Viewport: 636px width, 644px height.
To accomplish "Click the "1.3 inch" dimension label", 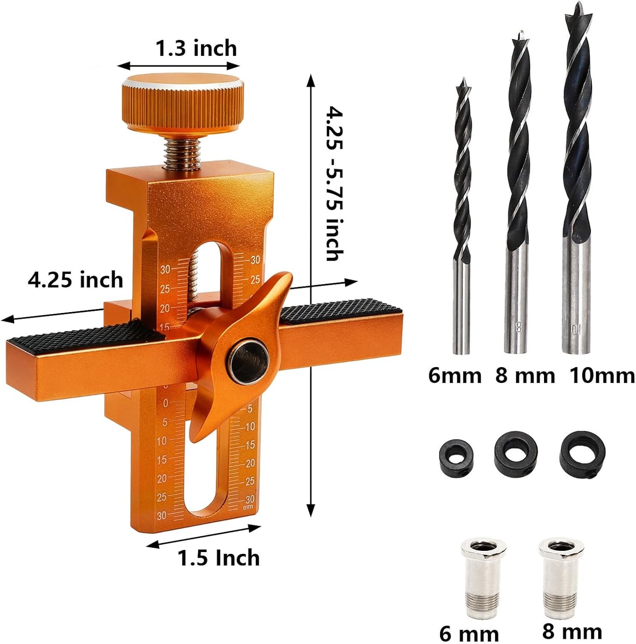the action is [x=196, y=48].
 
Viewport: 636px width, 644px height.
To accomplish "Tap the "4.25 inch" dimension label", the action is [x=75, y=280].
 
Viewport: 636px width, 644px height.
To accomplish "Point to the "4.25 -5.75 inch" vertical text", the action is [x=335, y=183].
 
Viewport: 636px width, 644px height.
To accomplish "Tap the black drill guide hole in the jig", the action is [x=249, y=363].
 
